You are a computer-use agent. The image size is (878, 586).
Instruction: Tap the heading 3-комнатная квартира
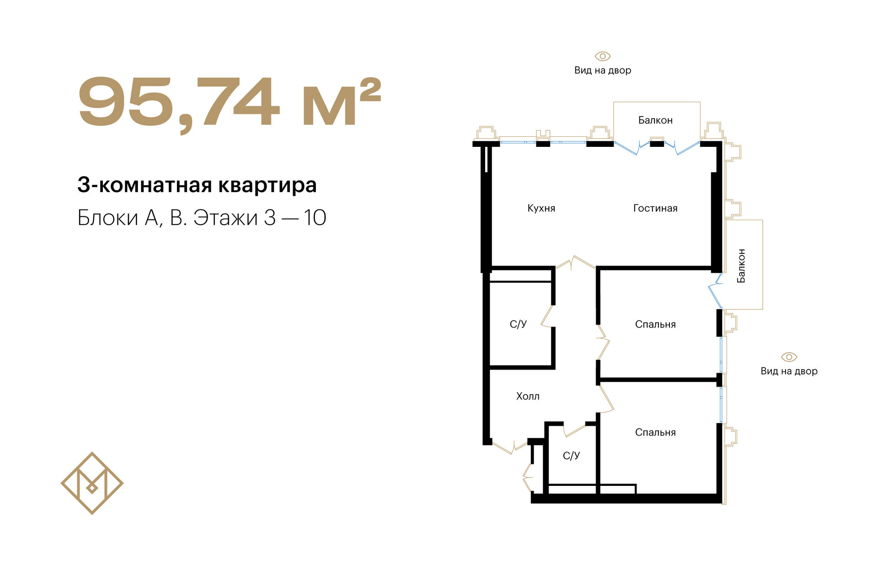click(x=197, y=185)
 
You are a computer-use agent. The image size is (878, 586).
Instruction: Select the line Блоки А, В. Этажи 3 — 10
click(x=202, y=218)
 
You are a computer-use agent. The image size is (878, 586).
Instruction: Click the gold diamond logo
click(x=92, y=483)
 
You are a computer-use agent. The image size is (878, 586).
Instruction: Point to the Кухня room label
click(x=541, y=208)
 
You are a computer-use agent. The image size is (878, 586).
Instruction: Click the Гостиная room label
click(x=655, y=208)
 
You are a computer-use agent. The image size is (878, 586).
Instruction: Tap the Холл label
click(x=528, y=396)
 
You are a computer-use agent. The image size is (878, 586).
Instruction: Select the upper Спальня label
click(x=655, y=324)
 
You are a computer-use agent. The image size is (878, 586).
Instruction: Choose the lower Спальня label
click(x=655, y=432)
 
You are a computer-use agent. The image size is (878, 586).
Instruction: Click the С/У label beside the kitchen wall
click(x=518, y=324)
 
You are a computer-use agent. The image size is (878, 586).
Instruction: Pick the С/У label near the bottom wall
click(x=571, y=455)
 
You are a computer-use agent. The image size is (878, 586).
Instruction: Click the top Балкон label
click(x=655, y=120)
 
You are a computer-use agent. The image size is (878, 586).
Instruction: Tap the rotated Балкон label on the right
click(x=741, y=266)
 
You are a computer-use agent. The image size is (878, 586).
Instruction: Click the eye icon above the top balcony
click(x=603, y=56)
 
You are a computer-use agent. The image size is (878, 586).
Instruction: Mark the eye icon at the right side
click(x=789, y=357)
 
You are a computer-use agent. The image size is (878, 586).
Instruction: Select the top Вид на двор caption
click(x=603, y=70)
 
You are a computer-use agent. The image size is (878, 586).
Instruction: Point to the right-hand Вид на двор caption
click(x=789, y=371)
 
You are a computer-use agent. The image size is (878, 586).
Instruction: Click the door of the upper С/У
click(x=547, y=316)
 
